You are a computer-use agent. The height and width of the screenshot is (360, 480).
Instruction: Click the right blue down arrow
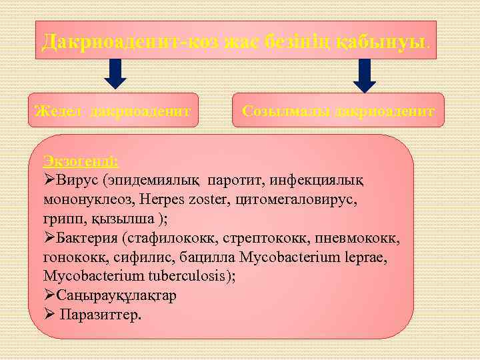click(x=365, y=75)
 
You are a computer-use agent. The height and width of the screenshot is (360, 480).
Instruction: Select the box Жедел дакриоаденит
click(x=116, y=110)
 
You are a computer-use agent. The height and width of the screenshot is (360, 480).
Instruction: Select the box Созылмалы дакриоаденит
click(x=338, y=110)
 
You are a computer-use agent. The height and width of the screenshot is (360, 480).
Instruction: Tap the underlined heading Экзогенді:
click(x=81, y=161)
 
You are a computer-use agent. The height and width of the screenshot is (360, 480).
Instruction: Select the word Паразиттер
click(x=100, y=315)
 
